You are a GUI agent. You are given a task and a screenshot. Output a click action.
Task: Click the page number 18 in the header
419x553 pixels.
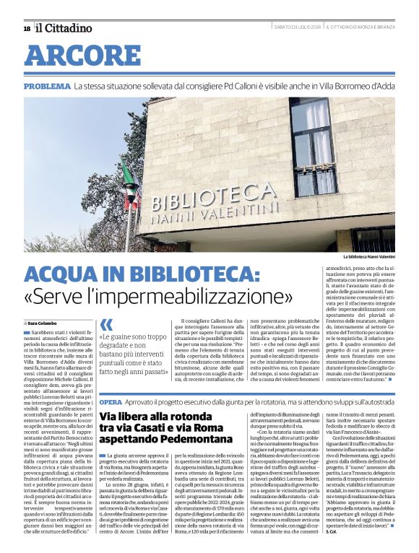(27, 28)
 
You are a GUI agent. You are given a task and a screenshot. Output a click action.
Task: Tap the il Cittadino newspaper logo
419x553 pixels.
(64, 28)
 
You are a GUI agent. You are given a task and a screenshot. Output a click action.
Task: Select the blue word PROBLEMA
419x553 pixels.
(46, 86)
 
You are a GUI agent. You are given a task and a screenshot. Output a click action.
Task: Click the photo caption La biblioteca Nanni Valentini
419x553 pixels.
(369, 256)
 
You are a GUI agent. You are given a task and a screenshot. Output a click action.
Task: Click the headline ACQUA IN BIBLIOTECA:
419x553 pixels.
(141, 275)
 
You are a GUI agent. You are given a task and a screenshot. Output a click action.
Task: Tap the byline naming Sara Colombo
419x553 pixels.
(42, 323)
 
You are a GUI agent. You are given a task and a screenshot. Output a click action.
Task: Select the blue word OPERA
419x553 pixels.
(111, 401)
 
